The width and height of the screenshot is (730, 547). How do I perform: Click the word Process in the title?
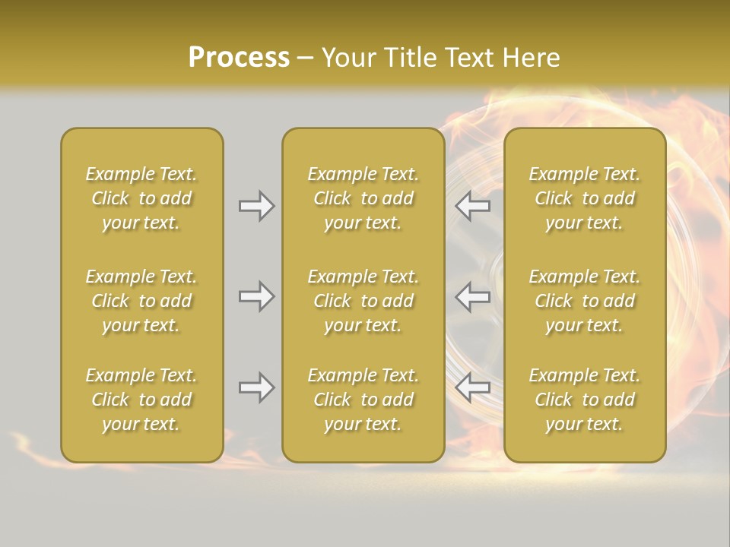239,58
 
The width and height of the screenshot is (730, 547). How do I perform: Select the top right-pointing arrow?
256,206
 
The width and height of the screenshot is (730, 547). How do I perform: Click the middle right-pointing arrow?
256,296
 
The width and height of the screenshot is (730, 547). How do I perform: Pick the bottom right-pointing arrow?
256,387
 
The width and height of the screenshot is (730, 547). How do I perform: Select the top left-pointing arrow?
473,206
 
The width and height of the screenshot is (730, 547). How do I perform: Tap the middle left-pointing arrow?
473,296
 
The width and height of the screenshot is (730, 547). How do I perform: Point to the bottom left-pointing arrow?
473,387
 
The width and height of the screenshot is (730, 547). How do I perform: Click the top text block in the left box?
141,198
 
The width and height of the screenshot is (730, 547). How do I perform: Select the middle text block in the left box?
141,301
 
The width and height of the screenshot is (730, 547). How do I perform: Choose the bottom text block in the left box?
141,400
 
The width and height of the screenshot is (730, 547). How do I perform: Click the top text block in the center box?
363,198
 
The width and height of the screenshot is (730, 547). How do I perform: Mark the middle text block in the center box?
363,301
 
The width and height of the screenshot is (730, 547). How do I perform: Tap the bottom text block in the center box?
363,400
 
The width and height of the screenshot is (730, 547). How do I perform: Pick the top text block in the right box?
584,198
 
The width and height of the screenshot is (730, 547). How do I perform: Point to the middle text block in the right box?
584,301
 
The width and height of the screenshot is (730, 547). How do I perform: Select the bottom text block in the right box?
584,400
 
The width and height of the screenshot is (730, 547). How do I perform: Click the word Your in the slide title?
348,58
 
